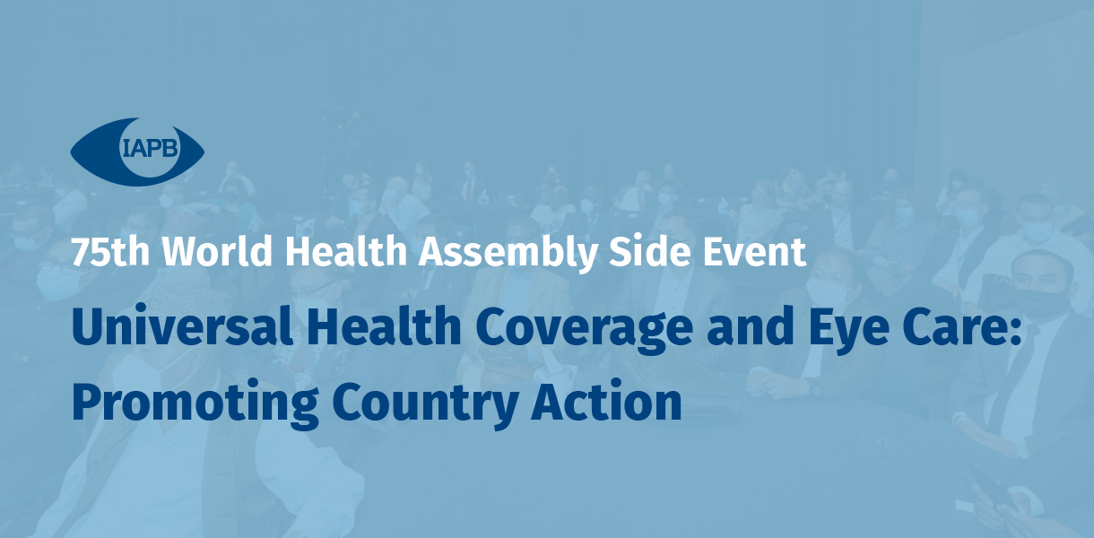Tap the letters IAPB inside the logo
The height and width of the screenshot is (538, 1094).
tap(151, 148)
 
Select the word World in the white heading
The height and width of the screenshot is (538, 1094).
tap(217, 251)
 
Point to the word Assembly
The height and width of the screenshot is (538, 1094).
tap(508, 253)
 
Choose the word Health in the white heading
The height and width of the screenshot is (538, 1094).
tap(346, 251)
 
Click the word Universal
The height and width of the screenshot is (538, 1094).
tap(182, 325)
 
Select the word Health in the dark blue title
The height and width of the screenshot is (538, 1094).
tap(384, 325)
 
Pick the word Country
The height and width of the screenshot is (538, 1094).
tap(425, 404)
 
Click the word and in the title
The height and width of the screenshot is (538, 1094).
tap(751, 325)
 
